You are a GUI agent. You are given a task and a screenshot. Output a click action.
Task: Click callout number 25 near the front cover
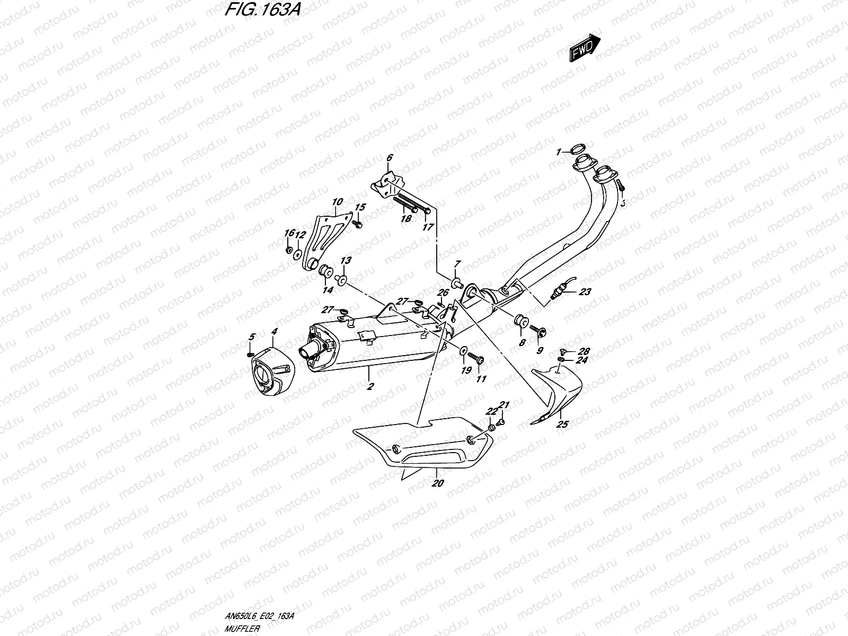click(x=562, y=424)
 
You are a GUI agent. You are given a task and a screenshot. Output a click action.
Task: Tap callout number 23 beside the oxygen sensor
click(x=585, y=291)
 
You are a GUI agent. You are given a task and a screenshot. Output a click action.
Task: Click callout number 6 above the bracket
click(x=389, y=157)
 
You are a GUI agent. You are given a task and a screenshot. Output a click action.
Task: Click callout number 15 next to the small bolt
click(x=360, y=207)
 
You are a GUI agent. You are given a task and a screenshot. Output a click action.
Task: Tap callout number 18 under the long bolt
click(x=406, y=218)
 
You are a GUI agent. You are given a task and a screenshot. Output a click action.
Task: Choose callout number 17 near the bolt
click(x=428, y=227)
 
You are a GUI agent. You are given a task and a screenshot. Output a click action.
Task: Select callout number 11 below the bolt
click(x=481, y=379)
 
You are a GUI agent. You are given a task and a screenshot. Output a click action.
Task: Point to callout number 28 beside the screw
click(x=584, y=351)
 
